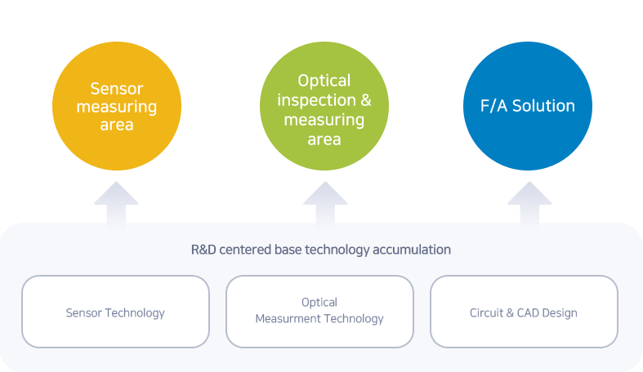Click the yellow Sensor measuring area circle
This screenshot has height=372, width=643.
point(117,106)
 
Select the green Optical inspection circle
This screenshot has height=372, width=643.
point(324,106)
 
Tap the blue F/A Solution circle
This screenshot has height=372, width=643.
point(528,106)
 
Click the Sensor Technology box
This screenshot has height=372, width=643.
point(116,312)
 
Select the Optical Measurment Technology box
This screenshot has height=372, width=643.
point(319,312)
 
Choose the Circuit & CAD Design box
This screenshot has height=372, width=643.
point(524,312)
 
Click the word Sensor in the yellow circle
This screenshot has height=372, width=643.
point(117,88)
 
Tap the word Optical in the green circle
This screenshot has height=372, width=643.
point(324,81)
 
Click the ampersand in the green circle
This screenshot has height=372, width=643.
point(366,100)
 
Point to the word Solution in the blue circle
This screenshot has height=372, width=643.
point(544,105)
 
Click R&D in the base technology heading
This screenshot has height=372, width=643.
point(203,250)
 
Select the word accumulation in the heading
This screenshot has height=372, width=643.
point(412,250)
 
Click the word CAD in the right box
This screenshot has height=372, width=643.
point(528,313)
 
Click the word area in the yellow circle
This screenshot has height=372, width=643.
point(117,126)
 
